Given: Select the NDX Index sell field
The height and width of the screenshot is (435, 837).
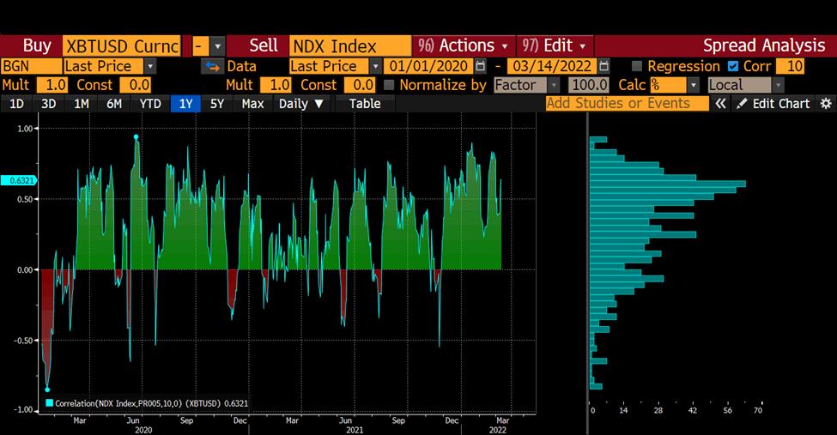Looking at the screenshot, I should pos(349,46).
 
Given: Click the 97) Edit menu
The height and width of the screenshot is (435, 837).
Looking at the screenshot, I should pos(555,46).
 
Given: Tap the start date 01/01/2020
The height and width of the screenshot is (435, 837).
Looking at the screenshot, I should pos(428,66).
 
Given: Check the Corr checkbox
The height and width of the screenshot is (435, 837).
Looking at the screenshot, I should pos(732,66).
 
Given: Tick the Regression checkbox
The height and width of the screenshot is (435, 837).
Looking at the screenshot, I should pos(637,66).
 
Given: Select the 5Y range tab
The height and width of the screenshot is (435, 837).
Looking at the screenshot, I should pos(217,104).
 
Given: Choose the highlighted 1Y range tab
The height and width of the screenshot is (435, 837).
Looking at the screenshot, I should pos(185,104).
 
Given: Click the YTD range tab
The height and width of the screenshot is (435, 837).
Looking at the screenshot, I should pos(150,104).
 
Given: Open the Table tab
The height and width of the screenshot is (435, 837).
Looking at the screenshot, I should pos(364,104).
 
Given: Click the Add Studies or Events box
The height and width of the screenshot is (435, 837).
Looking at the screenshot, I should pos(627,104).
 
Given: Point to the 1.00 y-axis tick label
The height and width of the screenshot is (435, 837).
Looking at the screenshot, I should pos(25,129).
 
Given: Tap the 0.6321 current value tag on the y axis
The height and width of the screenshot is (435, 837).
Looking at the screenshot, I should pos(16,181).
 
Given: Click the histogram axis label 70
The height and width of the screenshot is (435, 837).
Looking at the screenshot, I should pos(758,411).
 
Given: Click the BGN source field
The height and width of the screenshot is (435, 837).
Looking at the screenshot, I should pos(30,66).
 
